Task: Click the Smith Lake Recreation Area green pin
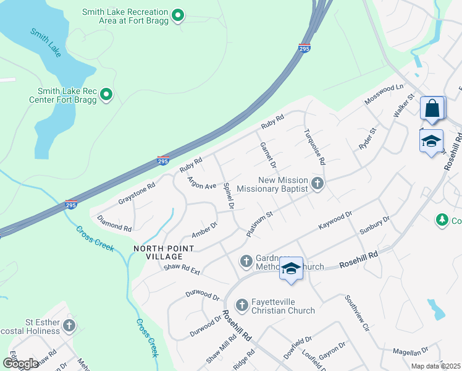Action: tap(178, 15)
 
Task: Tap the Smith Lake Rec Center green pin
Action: tap(107, 95)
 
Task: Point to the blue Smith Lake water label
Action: tap(46, 43)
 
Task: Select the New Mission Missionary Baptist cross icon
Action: tap(317, 183)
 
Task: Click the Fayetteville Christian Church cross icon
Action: tap(241, 304)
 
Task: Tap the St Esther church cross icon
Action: tap(69, 325)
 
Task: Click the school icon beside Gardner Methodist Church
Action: tap(291, 268)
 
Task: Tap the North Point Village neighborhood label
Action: tap(164, 252)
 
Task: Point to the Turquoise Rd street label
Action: tap(314, 147)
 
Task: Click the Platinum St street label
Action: tap(259, 224)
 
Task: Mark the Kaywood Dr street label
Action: tap(335, 220)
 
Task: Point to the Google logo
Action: tap(20, 363)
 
